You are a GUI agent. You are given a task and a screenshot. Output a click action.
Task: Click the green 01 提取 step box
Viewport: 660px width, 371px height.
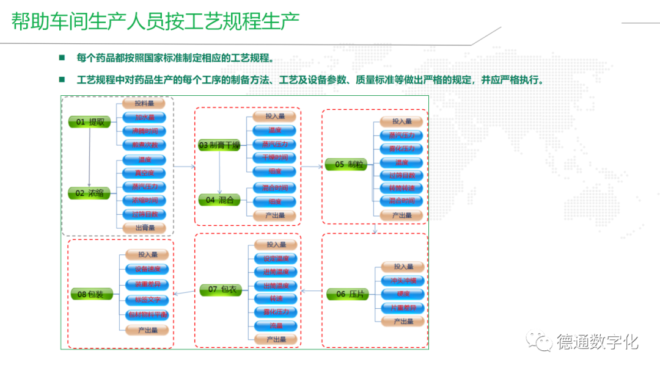click(90, 122)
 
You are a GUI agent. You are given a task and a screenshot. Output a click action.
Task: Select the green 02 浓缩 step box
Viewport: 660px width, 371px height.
click(90, 193)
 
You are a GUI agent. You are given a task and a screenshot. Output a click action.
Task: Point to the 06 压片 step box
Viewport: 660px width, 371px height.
click(349, 294)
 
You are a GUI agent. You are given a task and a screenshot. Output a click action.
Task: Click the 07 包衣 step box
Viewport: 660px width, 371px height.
click(221, 289)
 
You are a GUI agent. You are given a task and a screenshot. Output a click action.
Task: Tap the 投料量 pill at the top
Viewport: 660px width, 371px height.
click(144, 104)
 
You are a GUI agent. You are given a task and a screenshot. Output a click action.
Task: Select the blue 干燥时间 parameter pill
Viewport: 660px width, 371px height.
click(274, 157)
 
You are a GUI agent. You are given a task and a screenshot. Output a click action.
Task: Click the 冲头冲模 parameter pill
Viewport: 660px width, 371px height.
click(403, 281)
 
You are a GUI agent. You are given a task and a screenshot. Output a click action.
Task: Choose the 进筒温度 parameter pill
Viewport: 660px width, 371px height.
click(276, 272)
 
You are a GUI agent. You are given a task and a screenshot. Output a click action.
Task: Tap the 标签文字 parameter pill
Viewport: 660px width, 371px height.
click(147, 300)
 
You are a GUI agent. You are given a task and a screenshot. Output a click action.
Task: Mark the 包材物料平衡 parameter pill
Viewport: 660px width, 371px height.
click(147, 315)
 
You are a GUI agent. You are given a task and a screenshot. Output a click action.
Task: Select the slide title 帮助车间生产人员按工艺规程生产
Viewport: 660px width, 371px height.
click(156, 23)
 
